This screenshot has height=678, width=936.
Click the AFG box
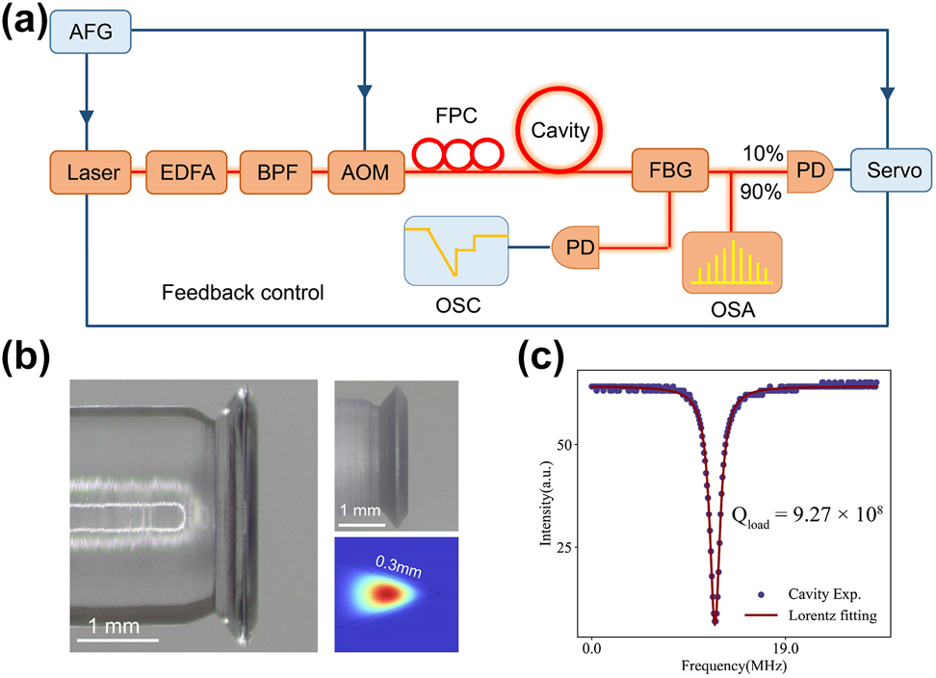point(92,33)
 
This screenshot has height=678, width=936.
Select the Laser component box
point(92,173)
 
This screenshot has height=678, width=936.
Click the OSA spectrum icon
point(731,262)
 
